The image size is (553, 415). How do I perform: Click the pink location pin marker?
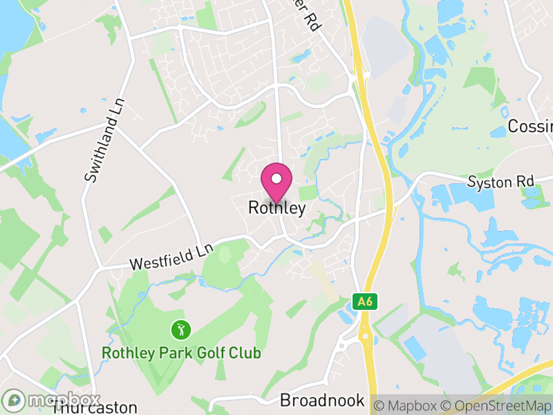click(x=276, y=181)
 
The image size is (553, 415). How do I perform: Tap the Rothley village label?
click(x=276, y=208)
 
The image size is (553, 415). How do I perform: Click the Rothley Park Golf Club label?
click(x=181, y=353)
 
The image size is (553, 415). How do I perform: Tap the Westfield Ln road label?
click(x=171, y=257)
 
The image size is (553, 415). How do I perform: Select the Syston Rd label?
click(x=501, y=182)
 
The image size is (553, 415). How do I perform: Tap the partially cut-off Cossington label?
click(x=530, y=126)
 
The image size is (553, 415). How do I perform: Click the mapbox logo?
click(x=53, y=400)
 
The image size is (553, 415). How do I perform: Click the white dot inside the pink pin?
click(x=276, y=178)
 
